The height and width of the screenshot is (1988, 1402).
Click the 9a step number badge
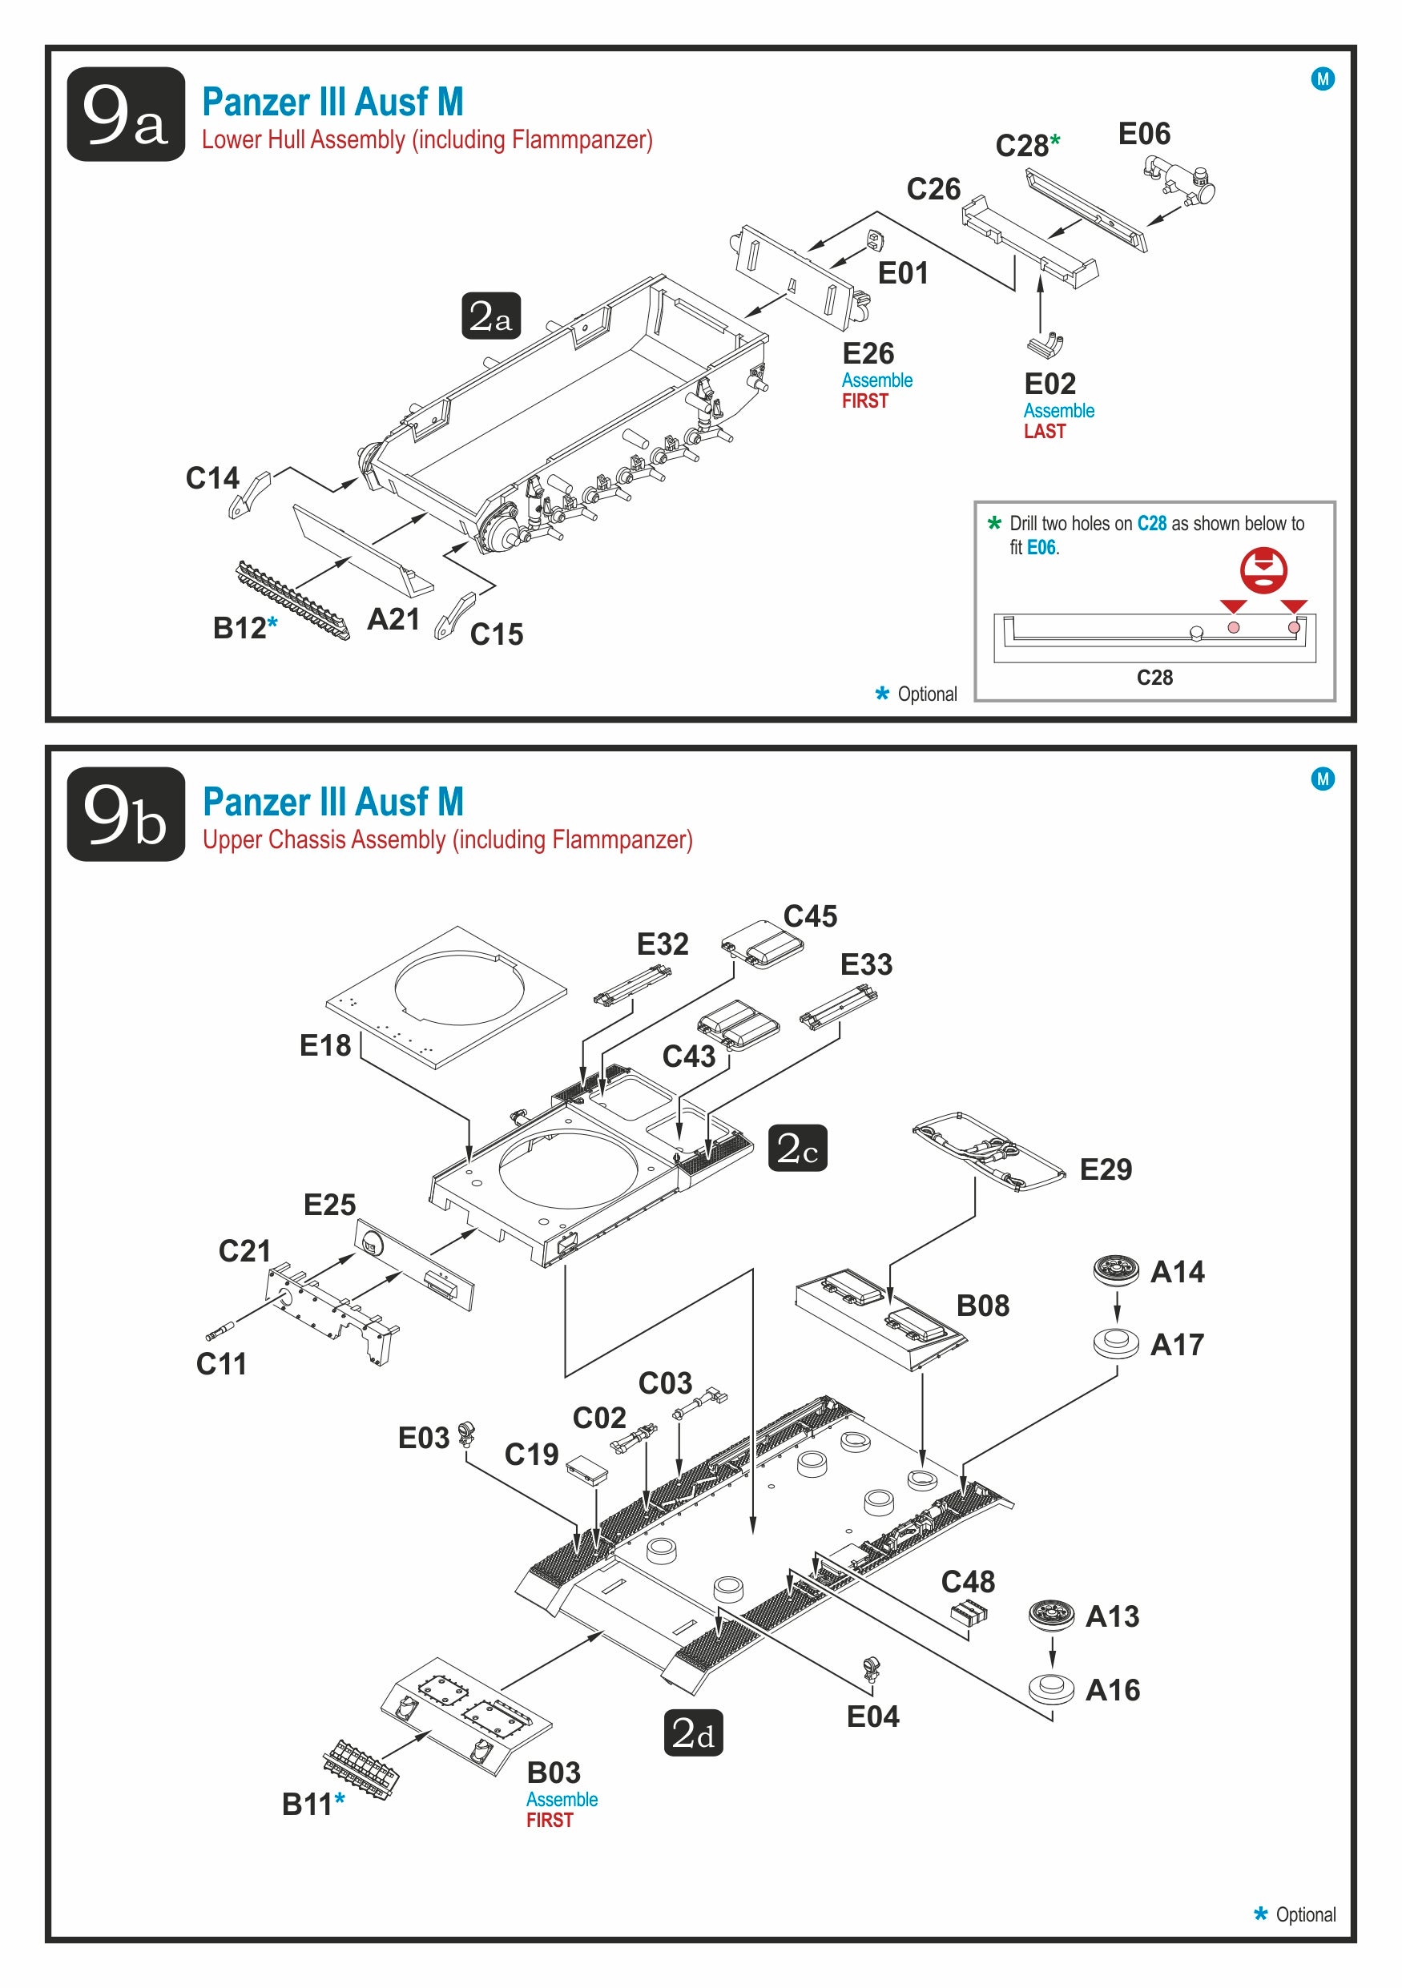point(126,115)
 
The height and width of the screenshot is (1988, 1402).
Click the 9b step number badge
point(126,814)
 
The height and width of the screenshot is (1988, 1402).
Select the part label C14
point(212,478)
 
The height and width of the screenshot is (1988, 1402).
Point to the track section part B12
point(292,600)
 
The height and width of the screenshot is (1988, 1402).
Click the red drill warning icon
point(1263,569)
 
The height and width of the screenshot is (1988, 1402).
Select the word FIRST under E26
point(865,401)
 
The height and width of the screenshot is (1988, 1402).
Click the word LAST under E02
point(1045,431)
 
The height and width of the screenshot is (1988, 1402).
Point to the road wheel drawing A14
point(1116,1270)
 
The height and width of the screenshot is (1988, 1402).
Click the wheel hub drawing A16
point(1052,1688)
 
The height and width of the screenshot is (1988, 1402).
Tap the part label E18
point(324,1045)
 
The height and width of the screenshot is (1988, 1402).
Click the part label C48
point(968,1582)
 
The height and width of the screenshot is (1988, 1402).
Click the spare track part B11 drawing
point(361,1768)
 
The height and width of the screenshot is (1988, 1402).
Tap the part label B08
point(983,1305)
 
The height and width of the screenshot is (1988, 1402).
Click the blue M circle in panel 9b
point(1323,779)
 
